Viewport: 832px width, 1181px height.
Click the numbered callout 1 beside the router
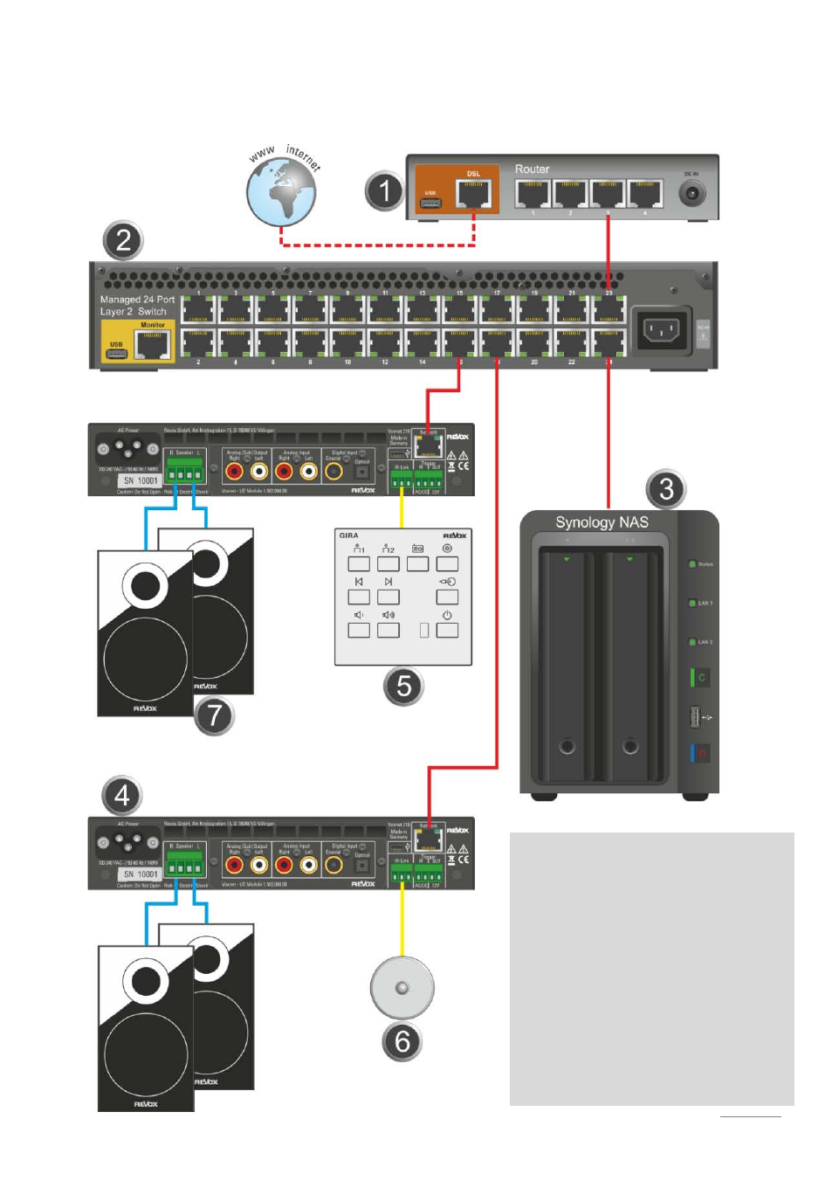384,191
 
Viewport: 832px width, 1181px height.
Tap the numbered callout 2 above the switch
123,240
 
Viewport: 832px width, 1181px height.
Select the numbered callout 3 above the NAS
666,489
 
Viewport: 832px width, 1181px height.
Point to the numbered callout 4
122,795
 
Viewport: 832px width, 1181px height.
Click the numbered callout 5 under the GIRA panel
403,686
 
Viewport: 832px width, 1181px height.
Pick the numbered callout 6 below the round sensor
402,1041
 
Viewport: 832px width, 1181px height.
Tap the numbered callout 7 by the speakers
214,715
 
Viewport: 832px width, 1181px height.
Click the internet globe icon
281,192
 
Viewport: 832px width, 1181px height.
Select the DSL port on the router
473,194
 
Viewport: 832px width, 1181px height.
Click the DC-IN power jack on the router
691,193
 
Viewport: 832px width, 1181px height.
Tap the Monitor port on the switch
152,347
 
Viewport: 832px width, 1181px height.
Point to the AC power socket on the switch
661,330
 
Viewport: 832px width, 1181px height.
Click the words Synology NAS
602,522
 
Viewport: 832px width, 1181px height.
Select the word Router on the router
532,169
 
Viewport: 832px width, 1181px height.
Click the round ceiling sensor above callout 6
402,987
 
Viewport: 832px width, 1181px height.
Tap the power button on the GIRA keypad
447,627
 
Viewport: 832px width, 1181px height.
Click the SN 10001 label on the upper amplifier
141,480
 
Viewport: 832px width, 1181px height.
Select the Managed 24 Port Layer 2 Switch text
137,305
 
